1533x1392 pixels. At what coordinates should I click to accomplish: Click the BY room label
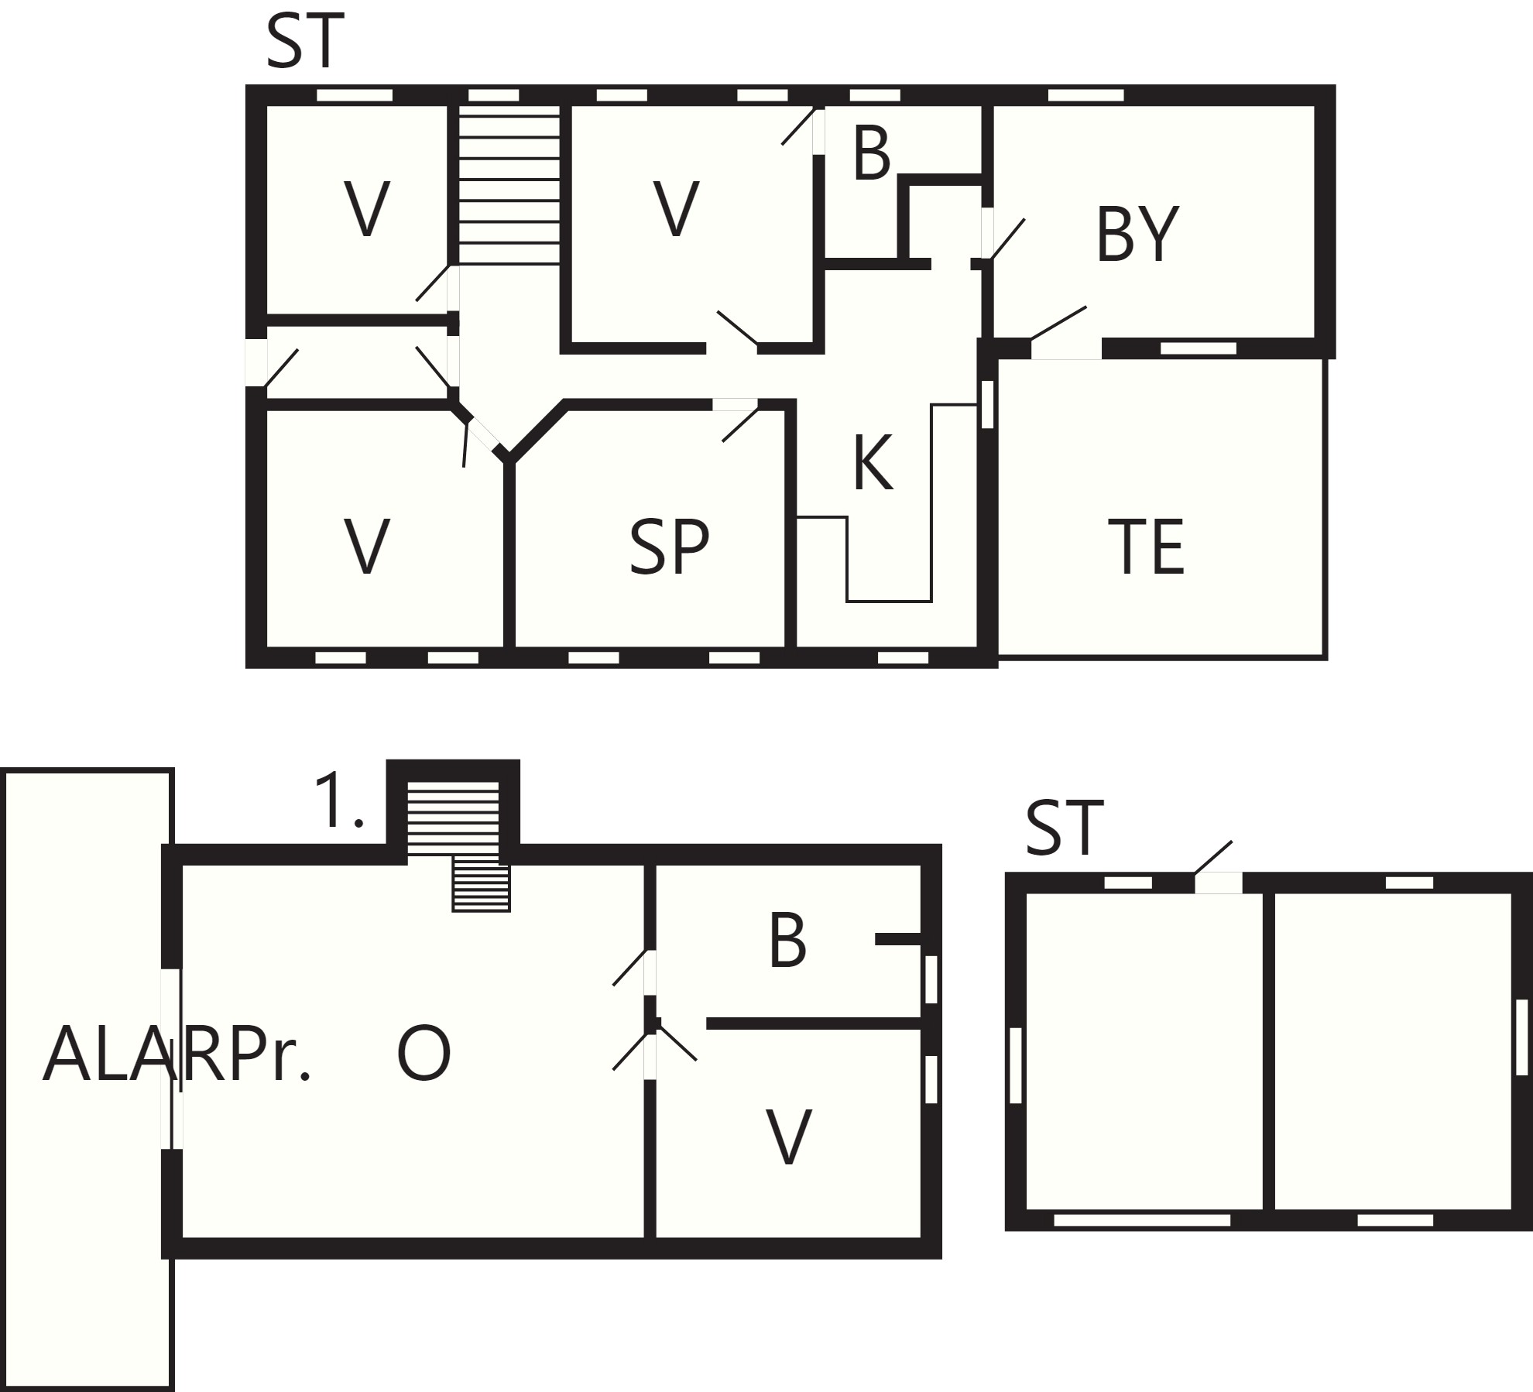[x=1137, y=233]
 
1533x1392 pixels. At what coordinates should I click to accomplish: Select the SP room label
[x=670, y=547]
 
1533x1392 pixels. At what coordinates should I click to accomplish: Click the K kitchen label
[x=873, y=463]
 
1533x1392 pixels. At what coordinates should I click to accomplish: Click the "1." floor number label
[x=338, y=801]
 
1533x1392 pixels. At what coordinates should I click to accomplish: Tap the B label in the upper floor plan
[x=872, y=154]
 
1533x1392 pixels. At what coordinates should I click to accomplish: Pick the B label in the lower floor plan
[x=787, y=941]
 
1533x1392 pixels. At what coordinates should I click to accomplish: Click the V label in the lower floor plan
[x=789, y=1136]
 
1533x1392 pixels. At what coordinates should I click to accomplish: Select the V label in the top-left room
[x=366, y=209]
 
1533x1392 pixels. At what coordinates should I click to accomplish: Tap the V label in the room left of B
[x=676, y=209]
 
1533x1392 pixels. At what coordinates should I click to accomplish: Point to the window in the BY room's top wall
[x=1085, y=95]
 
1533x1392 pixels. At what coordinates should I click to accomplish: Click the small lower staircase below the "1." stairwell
[x=482, y=887]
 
